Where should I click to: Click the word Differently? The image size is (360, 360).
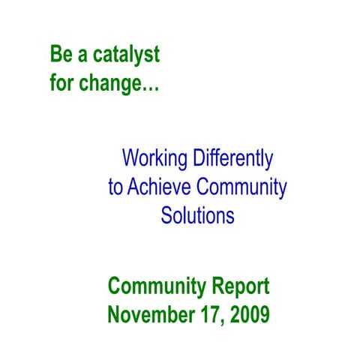click(234, 159)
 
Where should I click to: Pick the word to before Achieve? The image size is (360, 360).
click(115, 187)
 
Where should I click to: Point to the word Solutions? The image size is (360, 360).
click(197, 216)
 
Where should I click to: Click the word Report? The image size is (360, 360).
click(240, 286)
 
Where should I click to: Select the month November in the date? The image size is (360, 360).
click(147, 314)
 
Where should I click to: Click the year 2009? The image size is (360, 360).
click(244, 314)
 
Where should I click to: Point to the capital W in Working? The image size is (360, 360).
click(130, 159)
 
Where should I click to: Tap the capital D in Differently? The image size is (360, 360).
click(200, 159)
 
